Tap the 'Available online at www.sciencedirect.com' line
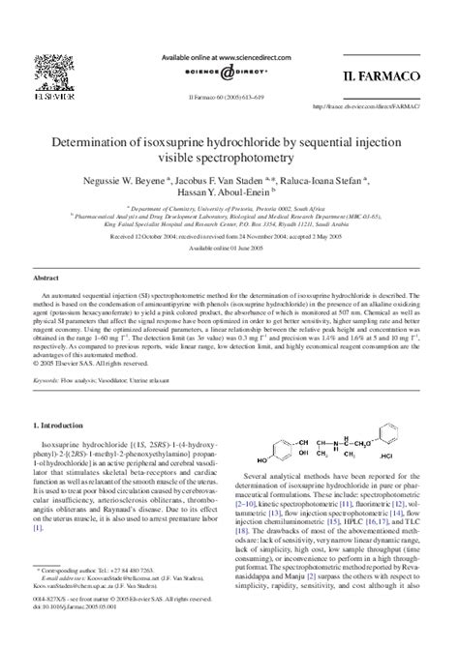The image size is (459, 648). click(229, 57)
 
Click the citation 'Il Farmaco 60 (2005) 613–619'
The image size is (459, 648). click(229, 96)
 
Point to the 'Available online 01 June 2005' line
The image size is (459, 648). click(229, 248)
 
